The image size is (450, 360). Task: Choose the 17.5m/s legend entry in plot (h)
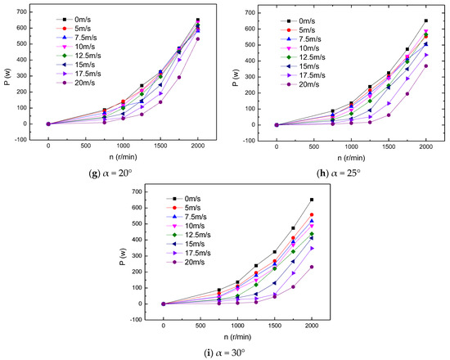pos(310,72)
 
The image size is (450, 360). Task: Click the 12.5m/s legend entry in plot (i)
pos(198,234)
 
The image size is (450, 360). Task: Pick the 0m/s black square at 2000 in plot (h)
pos(425,20)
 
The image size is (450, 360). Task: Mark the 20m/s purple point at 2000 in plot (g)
pos(198,38)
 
